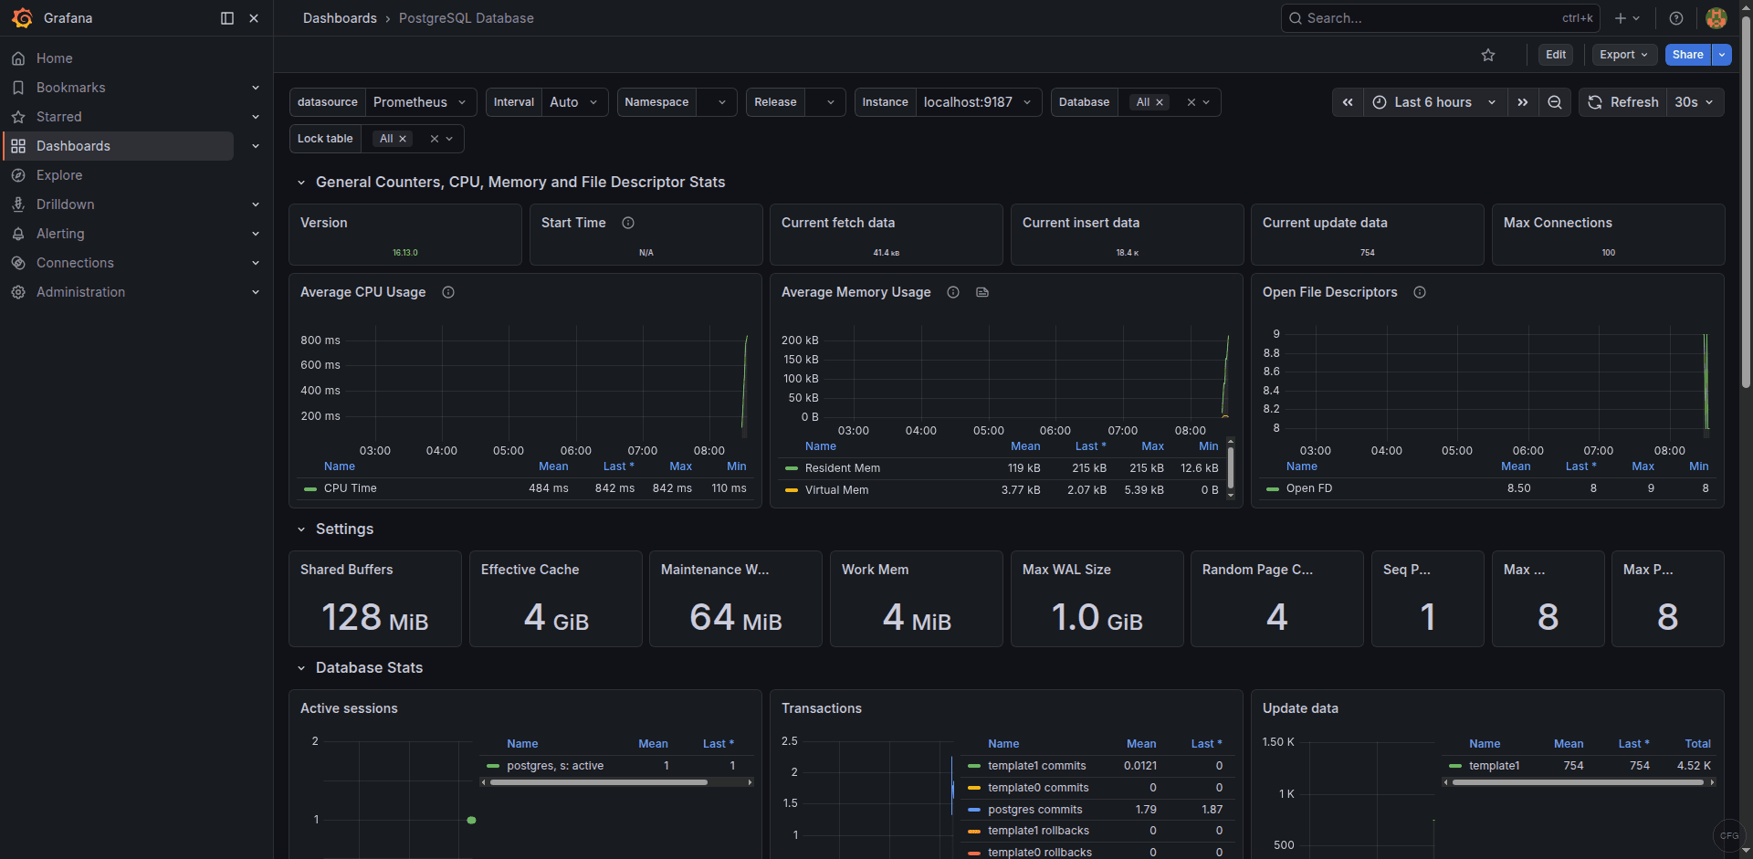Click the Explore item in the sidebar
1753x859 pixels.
point(59,175)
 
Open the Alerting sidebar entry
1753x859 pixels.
point(60,234)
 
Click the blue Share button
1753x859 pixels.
point(1687,55)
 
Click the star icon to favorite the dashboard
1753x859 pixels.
point(1488,55)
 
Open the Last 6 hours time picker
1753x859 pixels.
point(1433,102)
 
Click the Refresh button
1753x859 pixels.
point(1623,102)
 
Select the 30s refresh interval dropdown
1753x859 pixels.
point(1695,102)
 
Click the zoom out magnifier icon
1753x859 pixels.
point(1554,102)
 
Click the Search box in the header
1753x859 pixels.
point(1424,18)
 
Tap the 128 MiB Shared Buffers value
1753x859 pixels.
point(374,618)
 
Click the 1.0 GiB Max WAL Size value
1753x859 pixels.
point(1097,618)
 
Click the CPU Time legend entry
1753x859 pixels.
point(350,488)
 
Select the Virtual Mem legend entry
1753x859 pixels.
point(836,490)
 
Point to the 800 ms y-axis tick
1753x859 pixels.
point(320,340)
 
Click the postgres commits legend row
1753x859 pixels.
point(1034,810)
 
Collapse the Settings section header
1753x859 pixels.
point(343,529)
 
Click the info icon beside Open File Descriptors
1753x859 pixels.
point(1420,292)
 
